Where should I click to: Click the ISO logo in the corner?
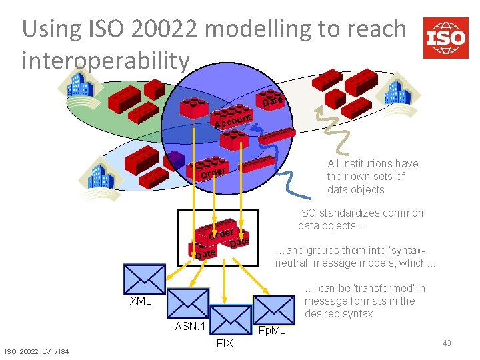pos(445,38)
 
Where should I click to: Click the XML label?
pos(141,301)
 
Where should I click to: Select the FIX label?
pos(225,343)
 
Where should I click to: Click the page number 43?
pos(447,343)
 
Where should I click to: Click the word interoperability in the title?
pos(105,61)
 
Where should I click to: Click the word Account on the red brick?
pos(232,121)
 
